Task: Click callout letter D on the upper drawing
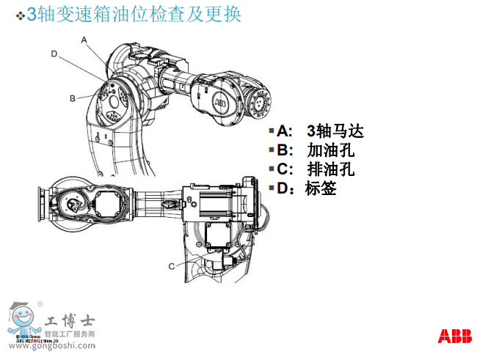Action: pos(54,54)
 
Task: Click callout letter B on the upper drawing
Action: pos(73,98)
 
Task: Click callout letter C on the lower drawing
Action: pos(171,265)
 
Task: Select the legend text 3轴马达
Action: pos(335,131)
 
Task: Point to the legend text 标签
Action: pos(321,188)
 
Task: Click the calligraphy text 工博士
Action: pos(70,320)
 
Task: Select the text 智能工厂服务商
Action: pos(70,334)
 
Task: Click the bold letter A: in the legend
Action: pos(285,131)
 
